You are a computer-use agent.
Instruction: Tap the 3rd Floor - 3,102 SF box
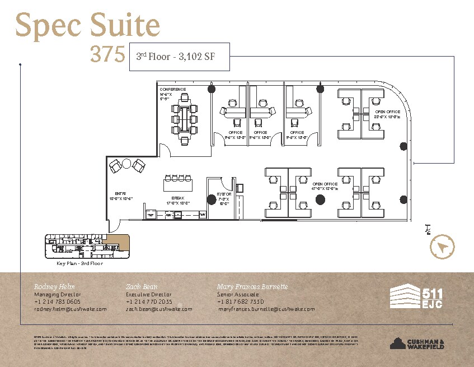click(x=179, y=57)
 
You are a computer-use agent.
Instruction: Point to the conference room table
click(x=185, y=119)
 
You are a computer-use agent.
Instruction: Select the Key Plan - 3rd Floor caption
click(x=80, y=263)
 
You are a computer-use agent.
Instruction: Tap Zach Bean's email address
click(x=159, y=309)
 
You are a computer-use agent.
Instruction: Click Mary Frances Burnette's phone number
click(x=241, y=301)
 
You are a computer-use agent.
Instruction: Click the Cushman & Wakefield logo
click(x=417, y=343)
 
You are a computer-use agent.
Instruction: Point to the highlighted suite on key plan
click(x=119, y=243)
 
